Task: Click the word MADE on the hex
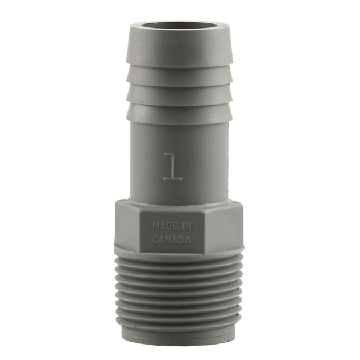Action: (x=165, y=226)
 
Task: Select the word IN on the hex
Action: (x=187, y=226)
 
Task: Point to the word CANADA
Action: (x=172, y=240)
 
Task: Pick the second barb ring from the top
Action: (x=179, y=77)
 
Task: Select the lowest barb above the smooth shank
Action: (x=179, y=113)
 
